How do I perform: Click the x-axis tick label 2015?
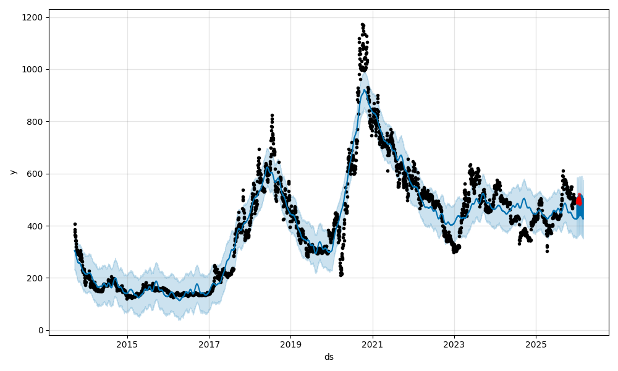127,344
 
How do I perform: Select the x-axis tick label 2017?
209,344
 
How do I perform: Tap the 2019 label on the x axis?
290,344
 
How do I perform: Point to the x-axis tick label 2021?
372,344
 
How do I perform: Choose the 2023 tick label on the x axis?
454,344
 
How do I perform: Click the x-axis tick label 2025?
536,344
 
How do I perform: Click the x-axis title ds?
329,357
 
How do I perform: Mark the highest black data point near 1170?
362,25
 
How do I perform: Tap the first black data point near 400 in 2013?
75,224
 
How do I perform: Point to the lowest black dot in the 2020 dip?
341,275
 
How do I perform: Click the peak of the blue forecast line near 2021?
366,90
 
